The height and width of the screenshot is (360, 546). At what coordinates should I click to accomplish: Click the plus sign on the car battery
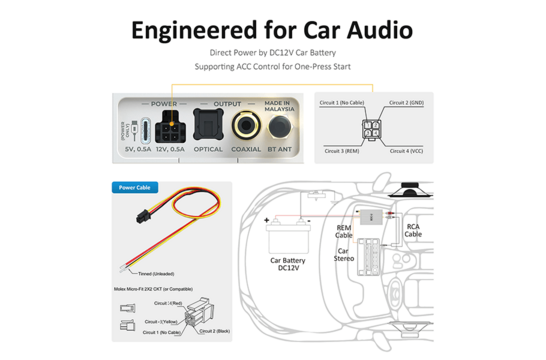tap(267, 218)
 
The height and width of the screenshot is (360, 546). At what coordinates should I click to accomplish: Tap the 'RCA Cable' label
tap(413, 230)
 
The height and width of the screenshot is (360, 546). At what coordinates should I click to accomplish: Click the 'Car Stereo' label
tap(344, 254)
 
